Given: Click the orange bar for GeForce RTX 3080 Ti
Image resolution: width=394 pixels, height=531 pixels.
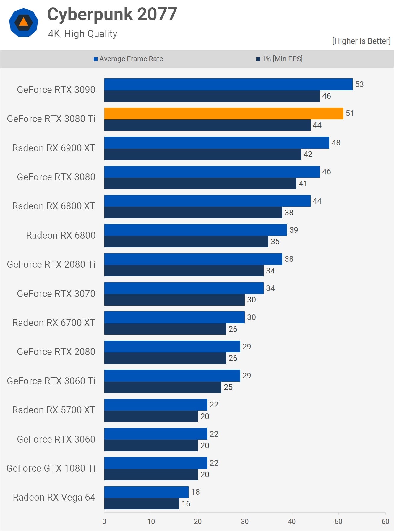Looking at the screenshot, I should tap(223, 113).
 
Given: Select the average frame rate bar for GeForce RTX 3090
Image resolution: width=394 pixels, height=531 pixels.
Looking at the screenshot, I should tap(228, 84).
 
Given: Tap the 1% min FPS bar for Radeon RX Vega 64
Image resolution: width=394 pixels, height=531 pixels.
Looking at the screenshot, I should tap(142, 503).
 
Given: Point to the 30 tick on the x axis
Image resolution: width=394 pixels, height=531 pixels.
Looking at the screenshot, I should tap(245, 521).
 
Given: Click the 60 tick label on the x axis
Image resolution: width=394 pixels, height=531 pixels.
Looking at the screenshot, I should tap(385, 521).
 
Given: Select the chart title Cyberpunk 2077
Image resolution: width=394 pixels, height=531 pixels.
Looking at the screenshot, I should tap(112, 14).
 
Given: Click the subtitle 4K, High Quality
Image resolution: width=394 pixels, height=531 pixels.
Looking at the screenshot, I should tap(83, 34).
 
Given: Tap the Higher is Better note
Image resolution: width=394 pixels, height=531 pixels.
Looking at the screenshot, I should tap(361, 41).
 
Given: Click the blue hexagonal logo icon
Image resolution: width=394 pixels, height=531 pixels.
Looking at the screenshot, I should tap(24, 22).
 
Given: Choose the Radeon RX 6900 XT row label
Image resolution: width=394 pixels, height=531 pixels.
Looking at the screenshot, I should tap(54, 148).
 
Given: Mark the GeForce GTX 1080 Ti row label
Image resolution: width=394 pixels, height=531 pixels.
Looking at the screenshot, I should tap(51, 468).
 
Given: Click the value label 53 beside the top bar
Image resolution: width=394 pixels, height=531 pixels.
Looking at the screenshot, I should tap(359, 84).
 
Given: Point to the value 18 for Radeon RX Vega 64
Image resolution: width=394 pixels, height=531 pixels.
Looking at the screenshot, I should tap(195, 492).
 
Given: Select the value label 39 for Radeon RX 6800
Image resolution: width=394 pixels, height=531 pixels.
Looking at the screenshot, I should tap(294, 230).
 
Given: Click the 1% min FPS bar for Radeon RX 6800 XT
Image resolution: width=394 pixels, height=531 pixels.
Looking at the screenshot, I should tap(193, 213).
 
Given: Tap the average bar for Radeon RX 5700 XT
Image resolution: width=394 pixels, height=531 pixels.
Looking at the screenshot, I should tap(155, 405).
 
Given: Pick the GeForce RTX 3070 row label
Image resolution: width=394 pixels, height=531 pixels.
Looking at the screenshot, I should tap(56, 294).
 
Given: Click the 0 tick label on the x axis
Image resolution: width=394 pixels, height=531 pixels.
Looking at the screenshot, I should tap(104, 521).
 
